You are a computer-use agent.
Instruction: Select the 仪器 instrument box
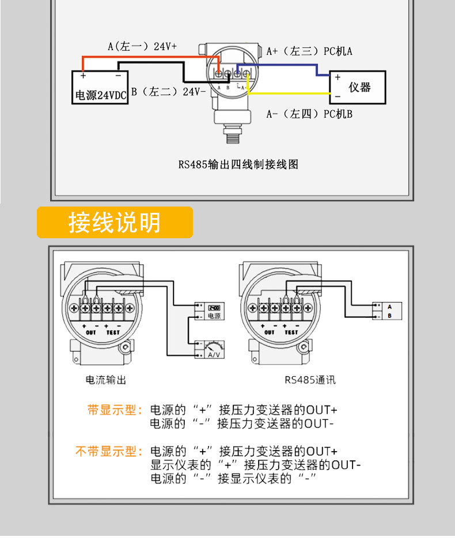[x=357, y=87]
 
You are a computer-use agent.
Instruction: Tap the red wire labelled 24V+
[x=150, y=57]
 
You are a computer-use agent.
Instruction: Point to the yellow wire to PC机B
[x=288, y=93]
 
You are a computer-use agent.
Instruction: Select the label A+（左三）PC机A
[x=309, y=51]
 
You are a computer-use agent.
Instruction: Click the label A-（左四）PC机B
[x=309, y=114]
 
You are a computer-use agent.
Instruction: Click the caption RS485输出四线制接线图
[x=238, y=164]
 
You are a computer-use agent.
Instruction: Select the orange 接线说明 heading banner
[x=115, y=223]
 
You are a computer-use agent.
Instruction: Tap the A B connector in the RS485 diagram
[x=384, y=311]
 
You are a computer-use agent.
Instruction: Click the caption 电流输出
[x=105, y=380]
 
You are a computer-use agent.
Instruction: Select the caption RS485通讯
[x=310, y=380]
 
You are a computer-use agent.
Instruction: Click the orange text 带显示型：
[x=115, y=411]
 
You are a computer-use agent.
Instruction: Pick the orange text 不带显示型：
[x=109, y=451]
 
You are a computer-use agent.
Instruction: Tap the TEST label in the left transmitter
[x=113, y=333]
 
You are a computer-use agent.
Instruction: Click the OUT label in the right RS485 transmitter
[x=269, y=333]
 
